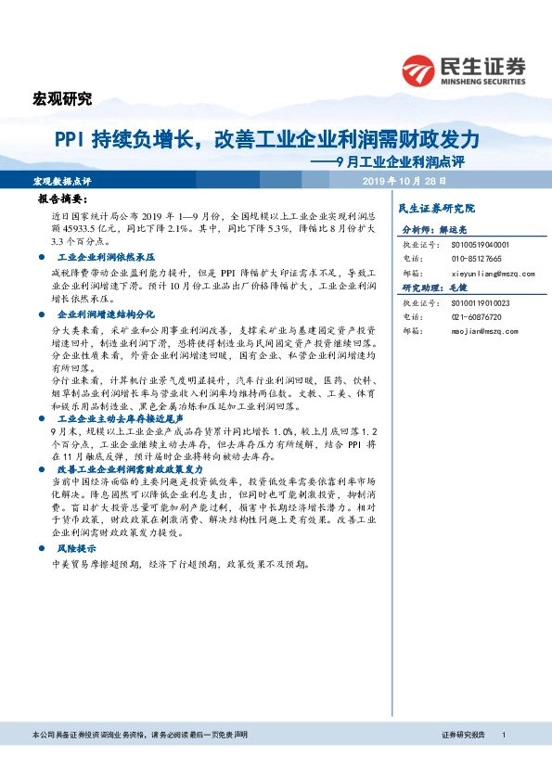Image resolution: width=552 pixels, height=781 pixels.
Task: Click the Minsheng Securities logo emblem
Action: click(x=418, y=71)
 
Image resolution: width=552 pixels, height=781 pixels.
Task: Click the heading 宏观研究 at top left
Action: click(x=62, y=98)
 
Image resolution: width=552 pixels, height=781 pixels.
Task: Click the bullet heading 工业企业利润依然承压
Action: click(x=104, y=254)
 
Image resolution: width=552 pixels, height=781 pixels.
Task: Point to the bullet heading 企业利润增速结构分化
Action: click(x=104, y=315)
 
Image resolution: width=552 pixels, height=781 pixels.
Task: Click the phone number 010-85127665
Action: click(x=478, y=259)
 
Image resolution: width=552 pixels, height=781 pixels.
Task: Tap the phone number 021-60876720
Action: click(x=478, y=316)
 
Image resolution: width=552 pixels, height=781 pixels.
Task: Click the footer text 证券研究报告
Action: click(x=463, y=735)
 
